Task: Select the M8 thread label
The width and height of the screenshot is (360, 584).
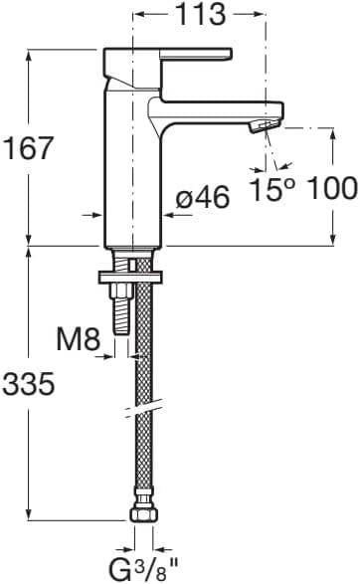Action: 77,339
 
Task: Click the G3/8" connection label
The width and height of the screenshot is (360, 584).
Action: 141,569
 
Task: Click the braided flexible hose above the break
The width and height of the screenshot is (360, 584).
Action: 141,348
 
